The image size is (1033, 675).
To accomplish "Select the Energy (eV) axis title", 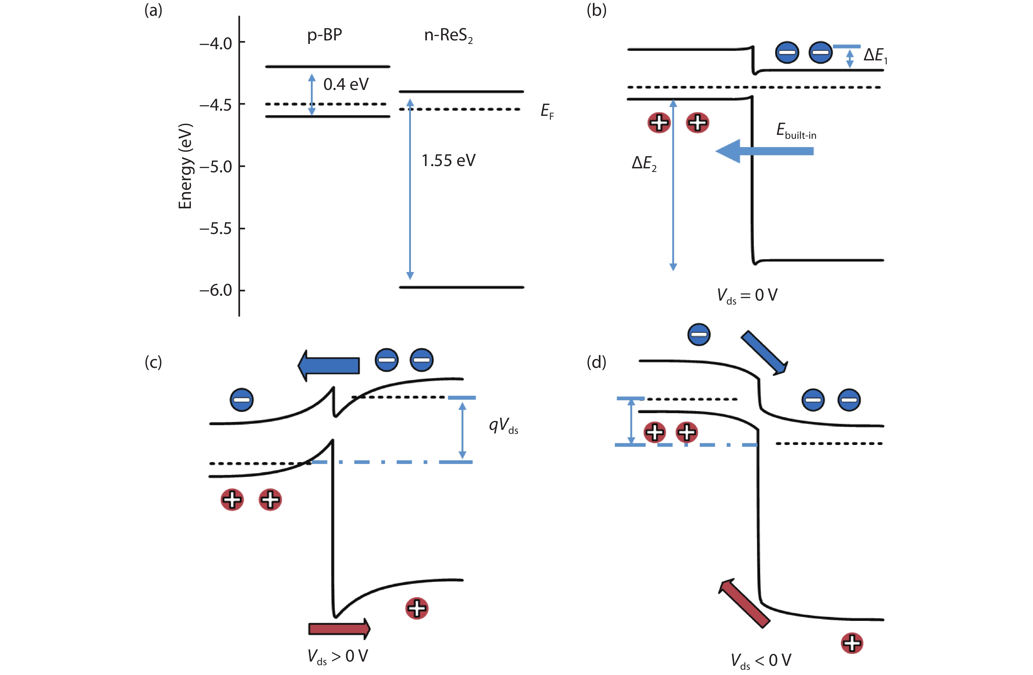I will (x=185, y=166).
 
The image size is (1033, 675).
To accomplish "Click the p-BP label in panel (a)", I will (x=324, y=35).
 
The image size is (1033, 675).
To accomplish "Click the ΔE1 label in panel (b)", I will (x=875, y=55).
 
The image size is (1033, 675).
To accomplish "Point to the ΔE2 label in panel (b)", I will (x=644, y=163).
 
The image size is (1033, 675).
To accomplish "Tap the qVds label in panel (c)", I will (x=503, y=425).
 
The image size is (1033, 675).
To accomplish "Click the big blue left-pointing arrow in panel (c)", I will (x=329, y=365).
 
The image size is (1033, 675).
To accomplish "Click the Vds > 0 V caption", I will (x=338, y=656).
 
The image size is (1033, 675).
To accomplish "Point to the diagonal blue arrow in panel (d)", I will (x=763, y=352).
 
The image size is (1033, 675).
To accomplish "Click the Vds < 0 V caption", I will (x=760, y=661).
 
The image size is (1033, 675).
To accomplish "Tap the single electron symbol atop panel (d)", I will (x=699, y=334).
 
